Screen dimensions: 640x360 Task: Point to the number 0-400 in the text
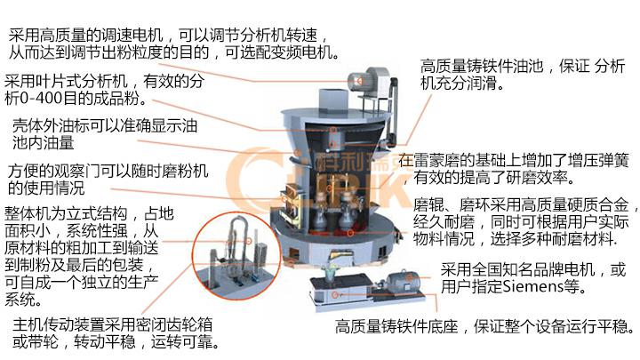40,99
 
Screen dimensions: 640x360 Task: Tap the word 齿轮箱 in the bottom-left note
189,325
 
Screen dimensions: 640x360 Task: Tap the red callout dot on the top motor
359,81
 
